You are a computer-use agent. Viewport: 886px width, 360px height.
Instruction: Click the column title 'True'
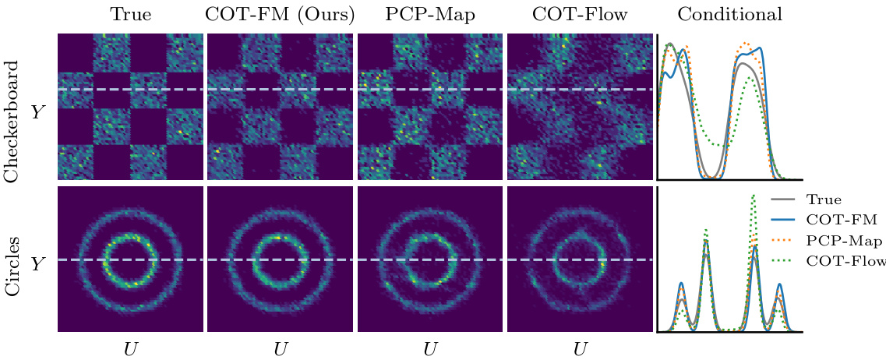coord(130,14)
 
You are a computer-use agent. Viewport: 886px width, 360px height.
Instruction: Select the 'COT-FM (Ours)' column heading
coord(281,14)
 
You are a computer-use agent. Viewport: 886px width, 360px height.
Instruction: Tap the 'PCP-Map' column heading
coord(430,14)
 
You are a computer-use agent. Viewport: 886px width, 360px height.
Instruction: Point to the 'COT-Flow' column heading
coord(580,14)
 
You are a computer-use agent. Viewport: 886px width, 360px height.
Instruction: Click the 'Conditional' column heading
coord(730,14)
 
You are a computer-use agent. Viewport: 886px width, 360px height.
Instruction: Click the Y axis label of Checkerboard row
coord(37,113)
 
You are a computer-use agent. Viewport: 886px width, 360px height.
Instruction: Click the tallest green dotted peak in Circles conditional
coord(753,195)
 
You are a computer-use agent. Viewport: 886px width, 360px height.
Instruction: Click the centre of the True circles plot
coord(130,259)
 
